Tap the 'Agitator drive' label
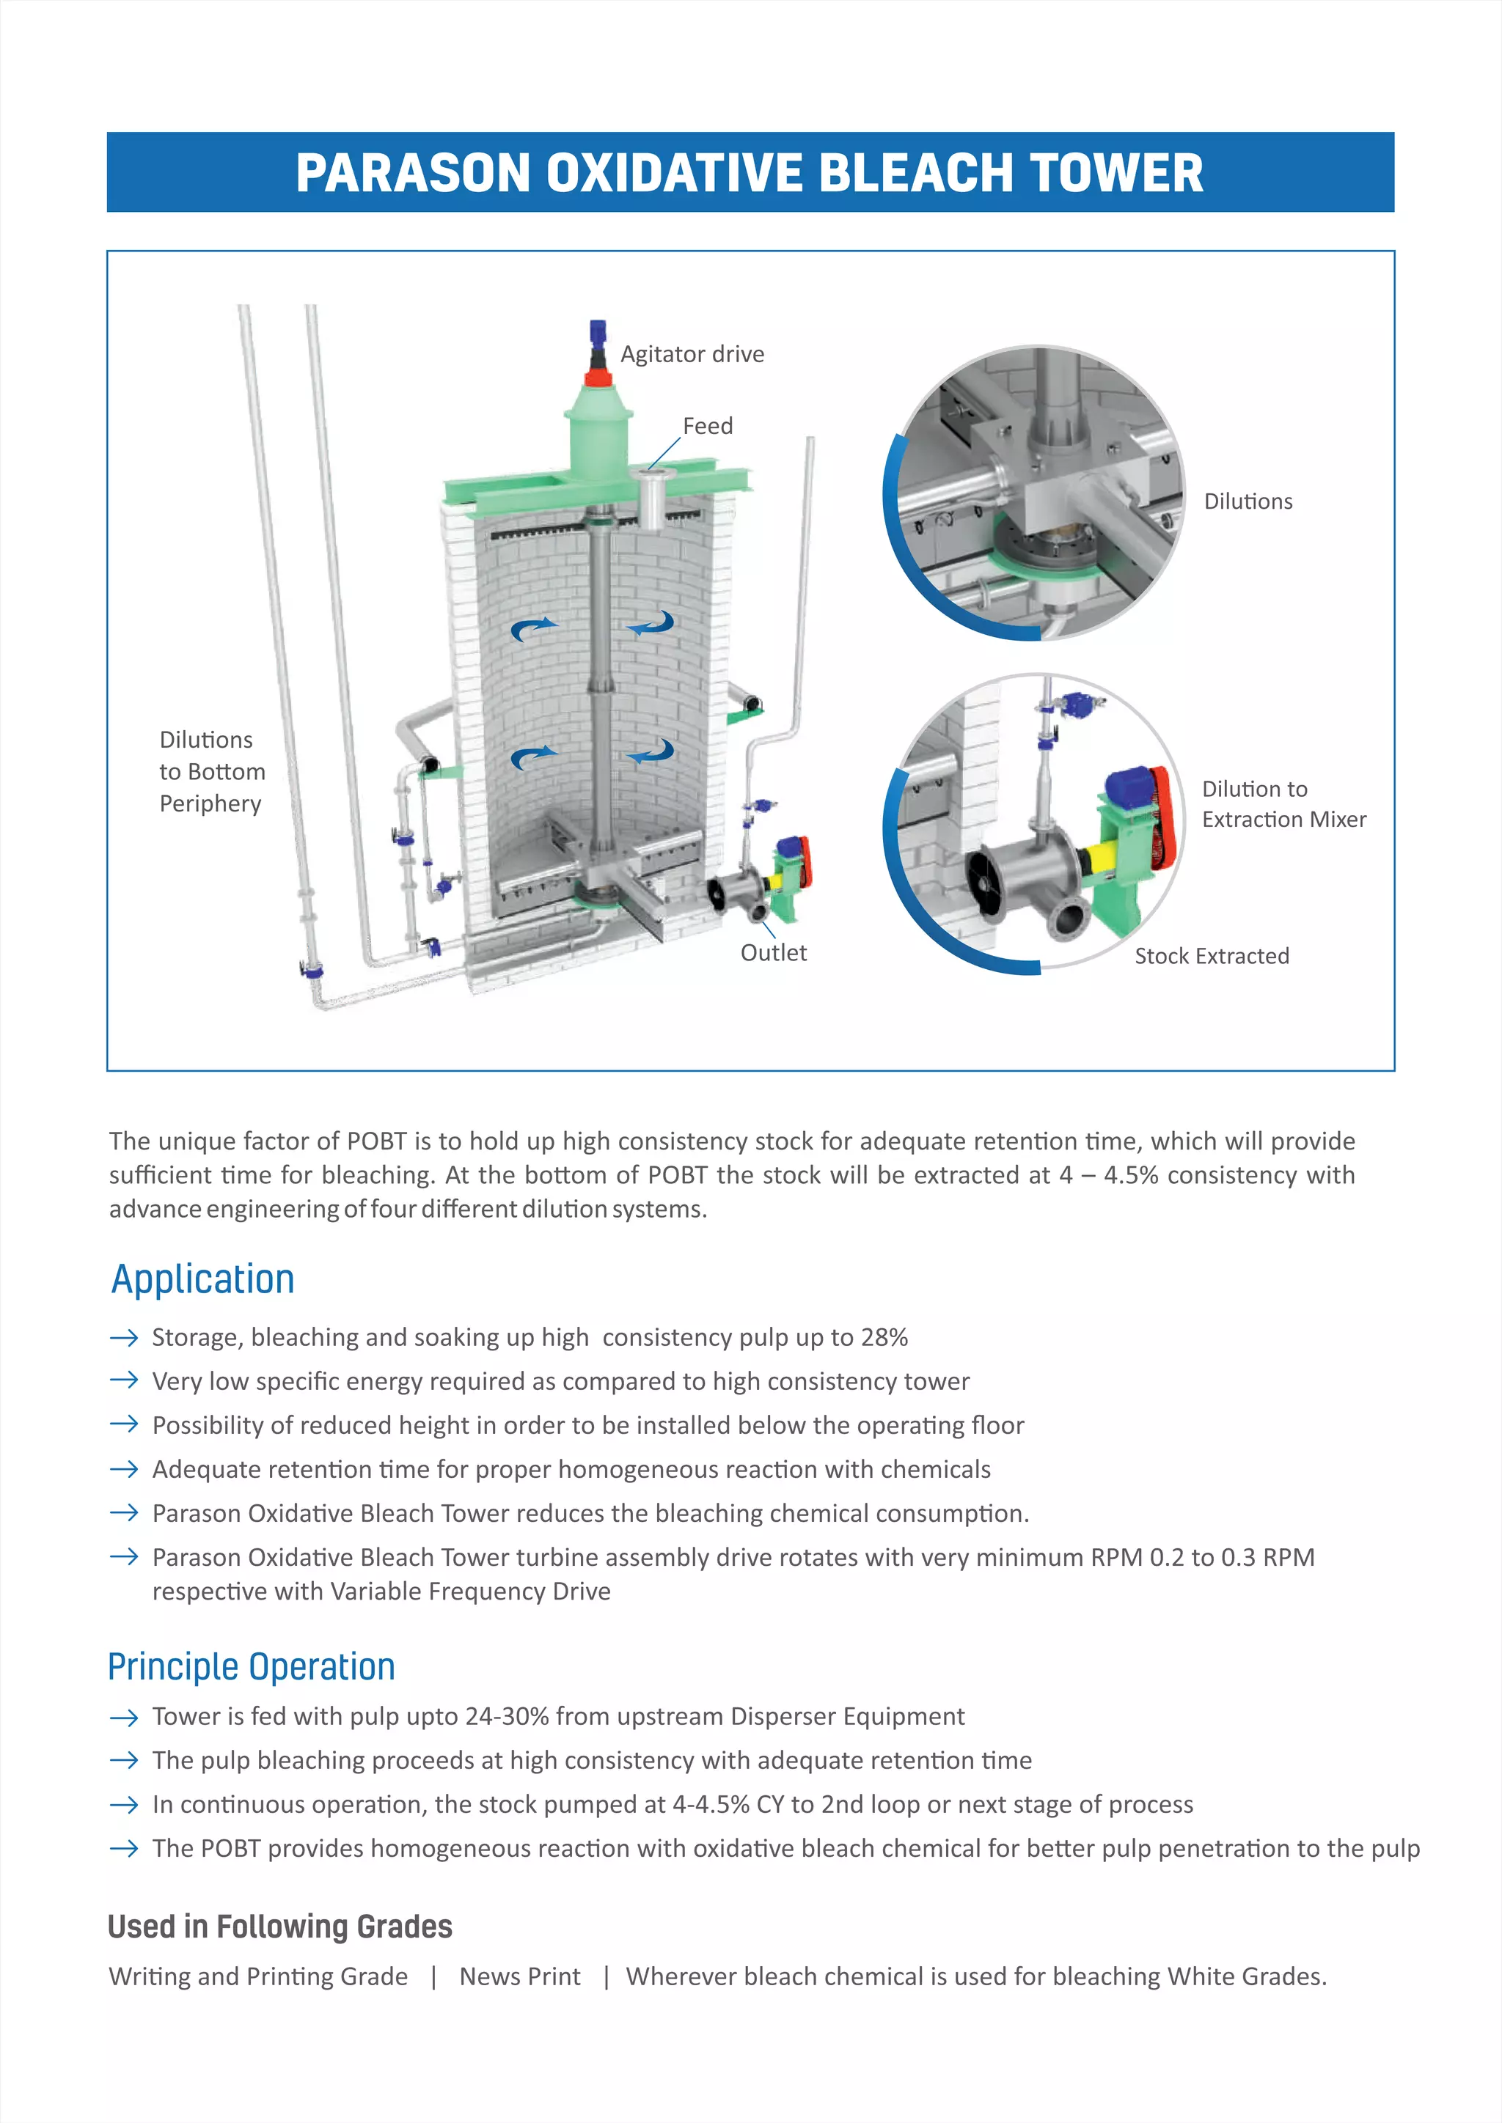coord(692,354)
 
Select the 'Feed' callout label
coord(708,426)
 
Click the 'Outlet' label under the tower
coord(773,953)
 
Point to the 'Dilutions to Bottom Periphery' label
coord(212,771)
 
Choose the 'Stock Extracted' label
coord(1212,956)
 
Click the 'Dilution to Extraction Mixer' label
coord(1283,803)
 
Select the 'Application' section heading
coord(202,1278)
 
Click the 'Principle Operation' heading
coord(252,1667)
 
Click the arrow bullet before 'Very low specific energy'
coord(124,1380)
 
